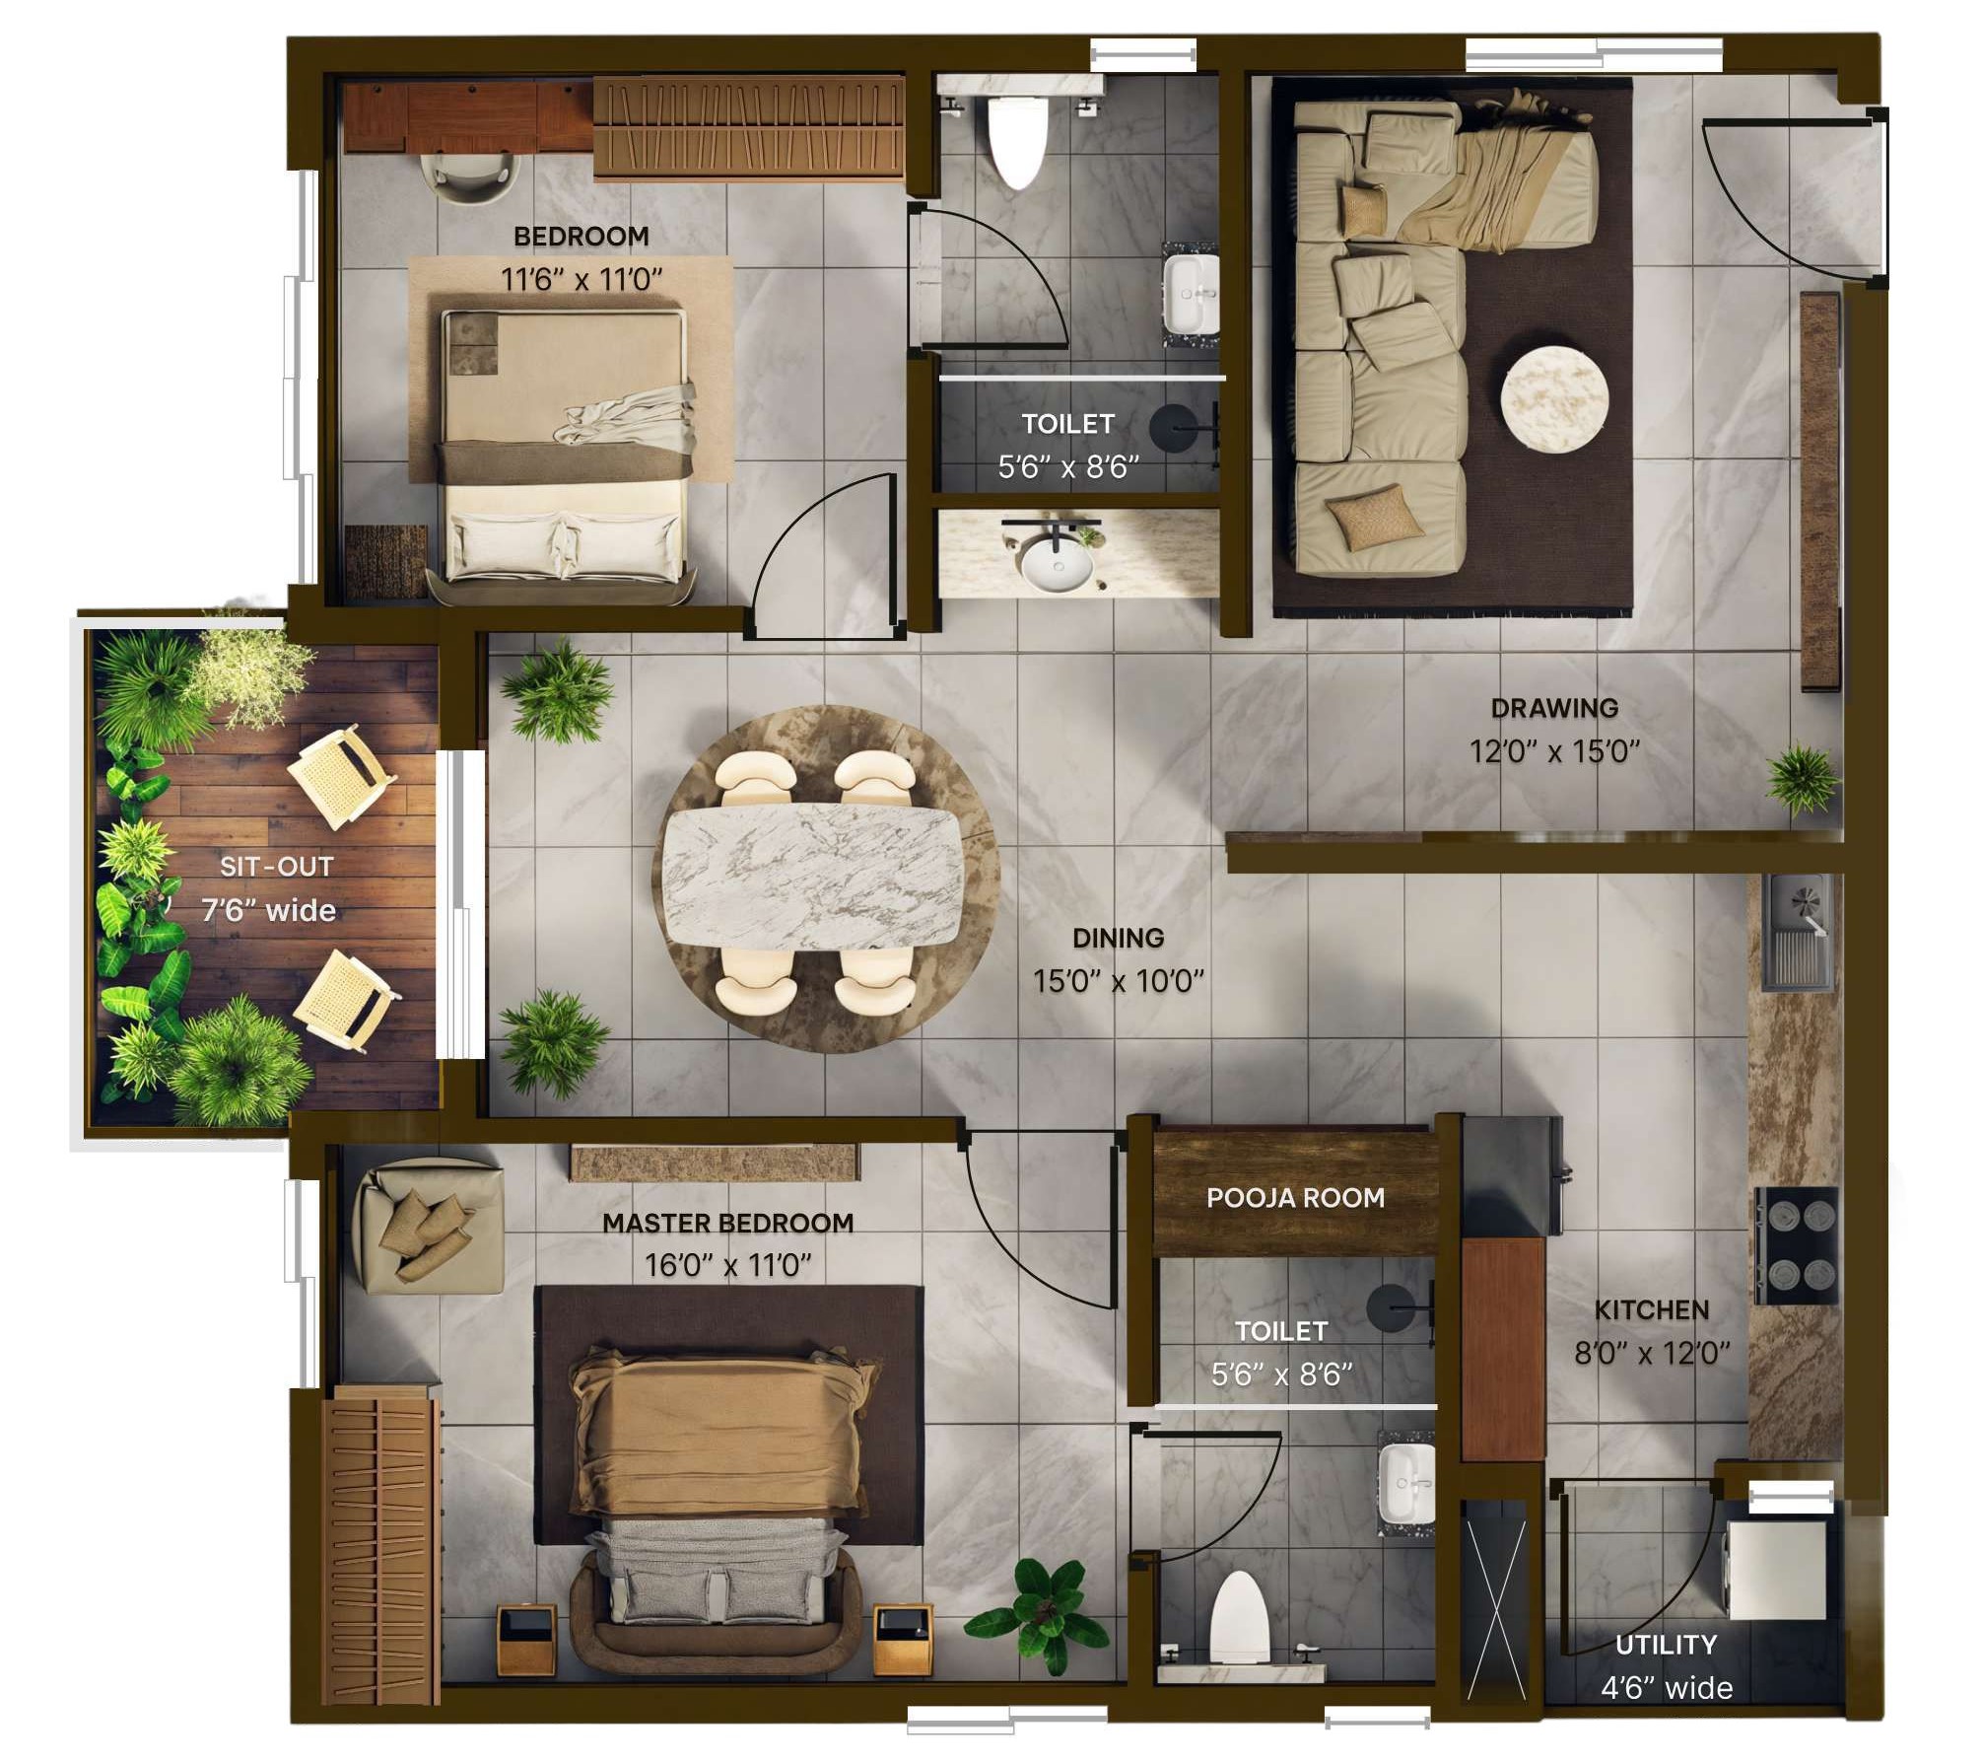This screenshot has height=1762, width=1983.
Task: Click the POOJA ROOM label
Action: click(x=1295, y=1198)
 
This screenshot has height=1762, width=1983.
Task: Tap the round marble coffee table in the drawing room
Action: click(x=1554, y=399)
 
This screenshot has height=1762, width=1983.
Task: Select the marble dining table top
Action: click(x=813, y=877)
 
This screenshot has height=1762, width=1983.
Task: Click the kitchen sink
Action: click(x=1800, y=931)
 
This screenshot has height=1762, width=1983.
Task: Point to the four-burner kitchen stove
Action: click(x=1797, y=1244)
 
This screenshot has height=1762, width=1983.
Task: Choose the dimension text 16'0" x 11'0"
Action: click(x=727, y=1265)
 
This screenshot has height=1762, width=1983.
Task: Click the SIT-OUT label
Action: click(x=276, y=867)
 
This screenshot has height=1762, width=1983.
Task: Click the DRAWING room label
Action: click(x=1554, y=708)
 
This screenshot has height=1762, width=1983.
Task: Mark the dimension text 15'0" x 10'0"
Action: click(x=1119, y=981)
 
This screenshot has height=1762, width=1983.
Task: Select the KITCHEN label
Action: click(x=1652, y=1310)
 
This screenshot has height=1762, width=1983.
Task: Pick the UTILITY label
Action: click(x=1667, y=1645)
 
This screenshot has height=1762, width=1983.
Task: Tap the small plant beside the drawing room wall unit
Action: click(x=1803, y=778)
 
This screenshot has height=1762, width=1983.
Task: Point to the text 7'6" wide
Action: click(x=268, y=910)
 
